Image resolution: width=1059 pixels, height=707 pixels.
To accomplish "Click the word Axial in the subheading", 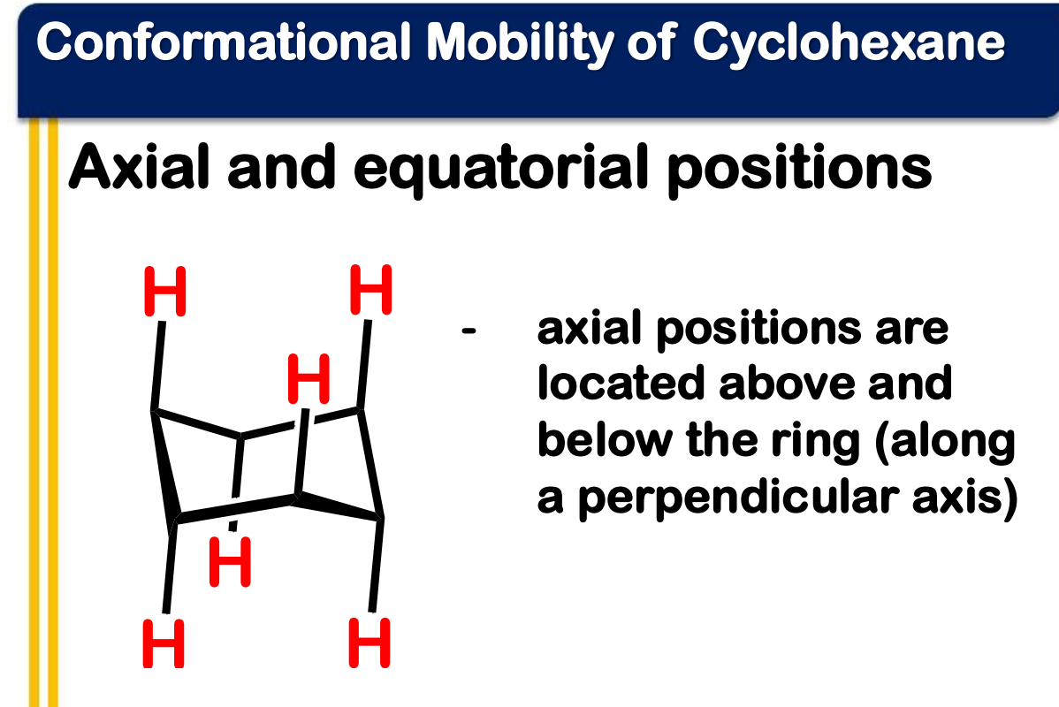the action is point(140,166).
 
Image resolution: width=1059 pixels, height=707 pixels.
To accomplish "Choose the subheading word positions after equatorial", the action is point(800,171).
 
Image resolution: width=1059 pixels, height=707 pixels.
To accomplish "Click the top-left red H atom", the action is point(164,292).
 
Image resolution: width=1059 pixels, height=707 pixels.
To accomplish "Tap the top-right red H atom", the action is point(370,290).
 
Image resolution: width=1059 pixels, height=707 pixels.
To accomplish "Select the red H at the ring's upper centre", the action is point(309,378).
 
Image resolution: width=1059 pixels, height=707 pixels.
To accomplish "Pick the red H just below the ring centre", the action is point(231,562).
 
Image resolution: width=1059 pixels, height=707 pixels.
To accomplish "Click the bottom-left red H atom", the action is point(164,643).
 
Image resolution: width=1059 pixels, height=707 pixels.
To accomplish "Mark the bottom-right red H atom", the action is point(370,643).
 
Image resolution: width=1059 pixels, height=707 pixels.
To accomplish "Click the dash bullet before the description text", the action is point(469,331).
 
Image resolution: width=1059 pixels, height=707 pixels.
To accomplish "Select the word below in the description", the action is point(605,440).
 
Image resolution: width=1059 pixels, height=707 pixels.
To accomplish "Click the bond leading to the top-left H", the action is point(158,365).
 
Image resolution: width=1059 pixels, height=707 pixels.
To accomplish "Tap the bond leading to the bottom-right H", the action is point(376,566).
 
